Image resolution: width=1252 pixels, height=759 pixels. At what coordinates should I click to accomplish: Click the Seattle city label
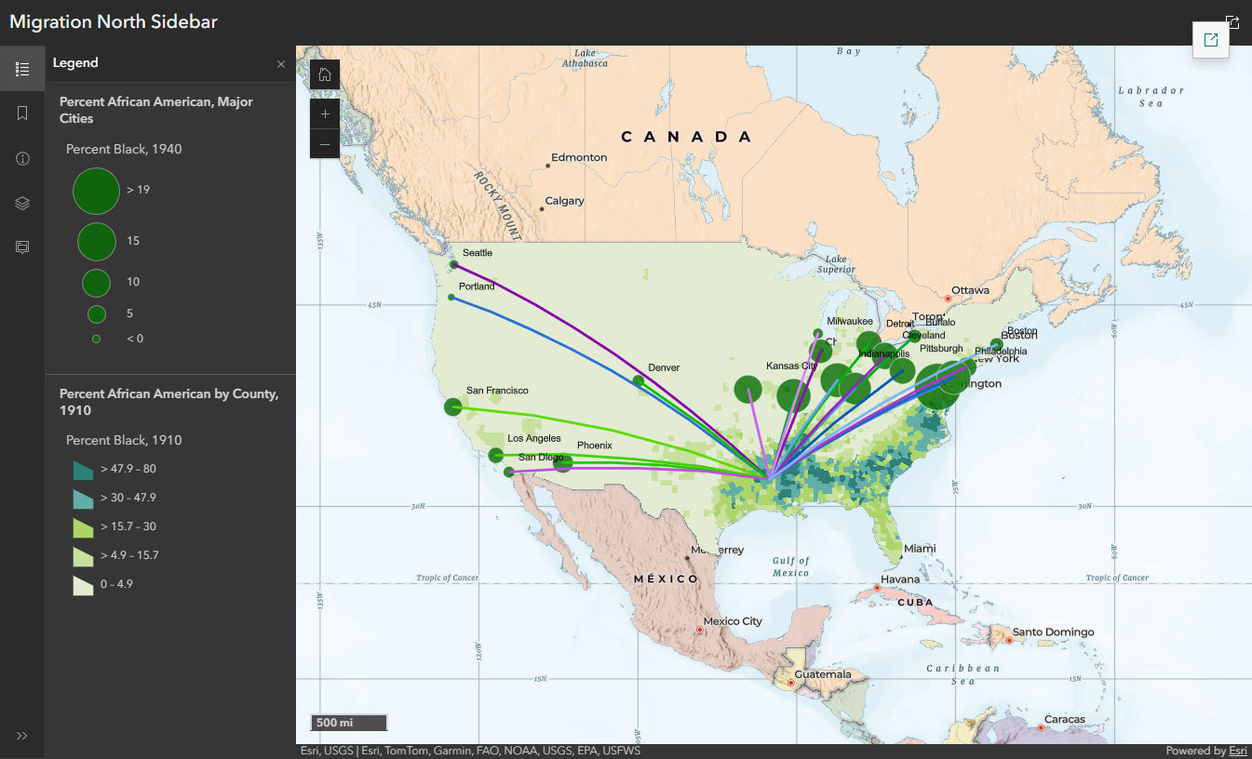coord(477,253)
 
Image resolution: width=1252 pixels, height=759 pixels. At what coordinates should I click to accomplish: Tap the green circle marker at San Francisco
coord(452,406)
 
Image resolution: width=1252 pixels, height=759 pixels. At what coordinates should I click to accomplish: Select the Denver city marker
coord(639,380)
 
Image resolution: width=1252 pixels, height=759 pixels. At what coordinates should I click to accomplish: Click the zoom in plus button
coord(325,114)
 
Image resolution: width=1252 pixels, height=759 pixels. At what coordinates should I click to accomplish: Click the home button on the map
coord(325,74)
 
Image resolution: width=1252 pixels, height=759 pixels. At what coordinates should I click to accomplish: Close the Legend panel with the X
coord(281,64)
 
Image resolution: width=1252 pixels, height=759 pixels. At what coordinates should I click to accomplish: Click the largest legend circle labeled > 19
coord(96,190)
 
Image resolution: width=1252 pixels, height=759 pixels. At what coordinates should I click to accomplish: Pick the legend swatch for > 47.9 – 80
coord(83,470)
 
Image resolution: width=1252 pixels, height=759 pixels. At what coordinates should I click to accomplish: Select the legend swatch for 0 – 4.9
coord(83,585)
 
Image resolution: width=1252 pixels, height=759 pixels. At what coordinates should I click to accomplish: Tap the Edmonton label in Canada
coord(578,157)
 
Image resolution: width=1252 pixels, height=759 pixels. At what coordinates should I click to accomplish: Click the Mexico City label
coord(732,621)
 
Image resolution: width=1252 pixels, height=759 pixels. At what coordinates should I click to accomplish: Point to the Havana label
coord(899,579)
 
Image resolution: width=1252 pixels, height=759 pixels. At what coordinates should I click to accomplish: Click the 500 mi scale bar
coord(348,723)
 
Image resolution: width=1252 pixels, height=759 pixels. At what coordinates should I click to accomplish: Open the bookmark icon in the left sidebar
coord(22,113)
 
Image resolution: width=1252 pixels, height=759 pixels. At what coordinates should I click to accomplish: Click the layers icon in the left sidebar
coord(22,203)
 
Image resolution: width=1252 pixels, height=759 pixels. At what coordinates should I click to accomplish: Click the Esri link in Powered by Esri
coord(1237,751)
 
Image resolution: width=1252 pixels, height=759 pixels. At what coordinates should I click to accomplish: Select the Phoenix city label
coord(594,446)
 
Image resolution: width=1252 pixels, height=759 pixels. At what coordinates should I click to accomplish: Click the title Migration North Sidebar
coord(114,21)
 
